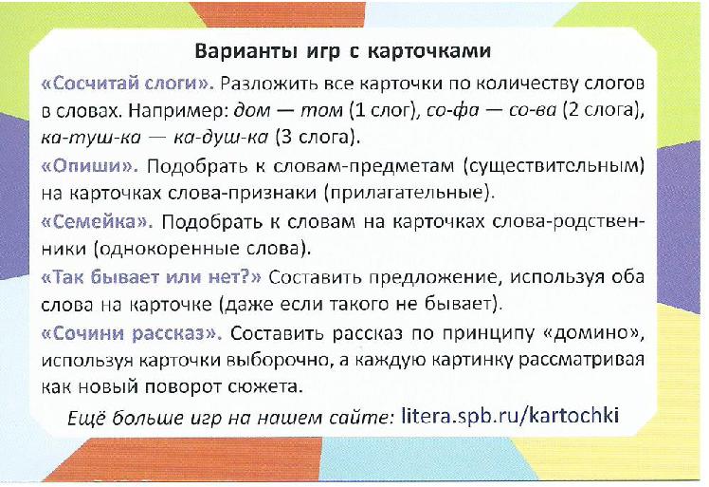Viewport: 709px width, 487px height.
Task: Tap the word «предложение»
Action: coord(432,278)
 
